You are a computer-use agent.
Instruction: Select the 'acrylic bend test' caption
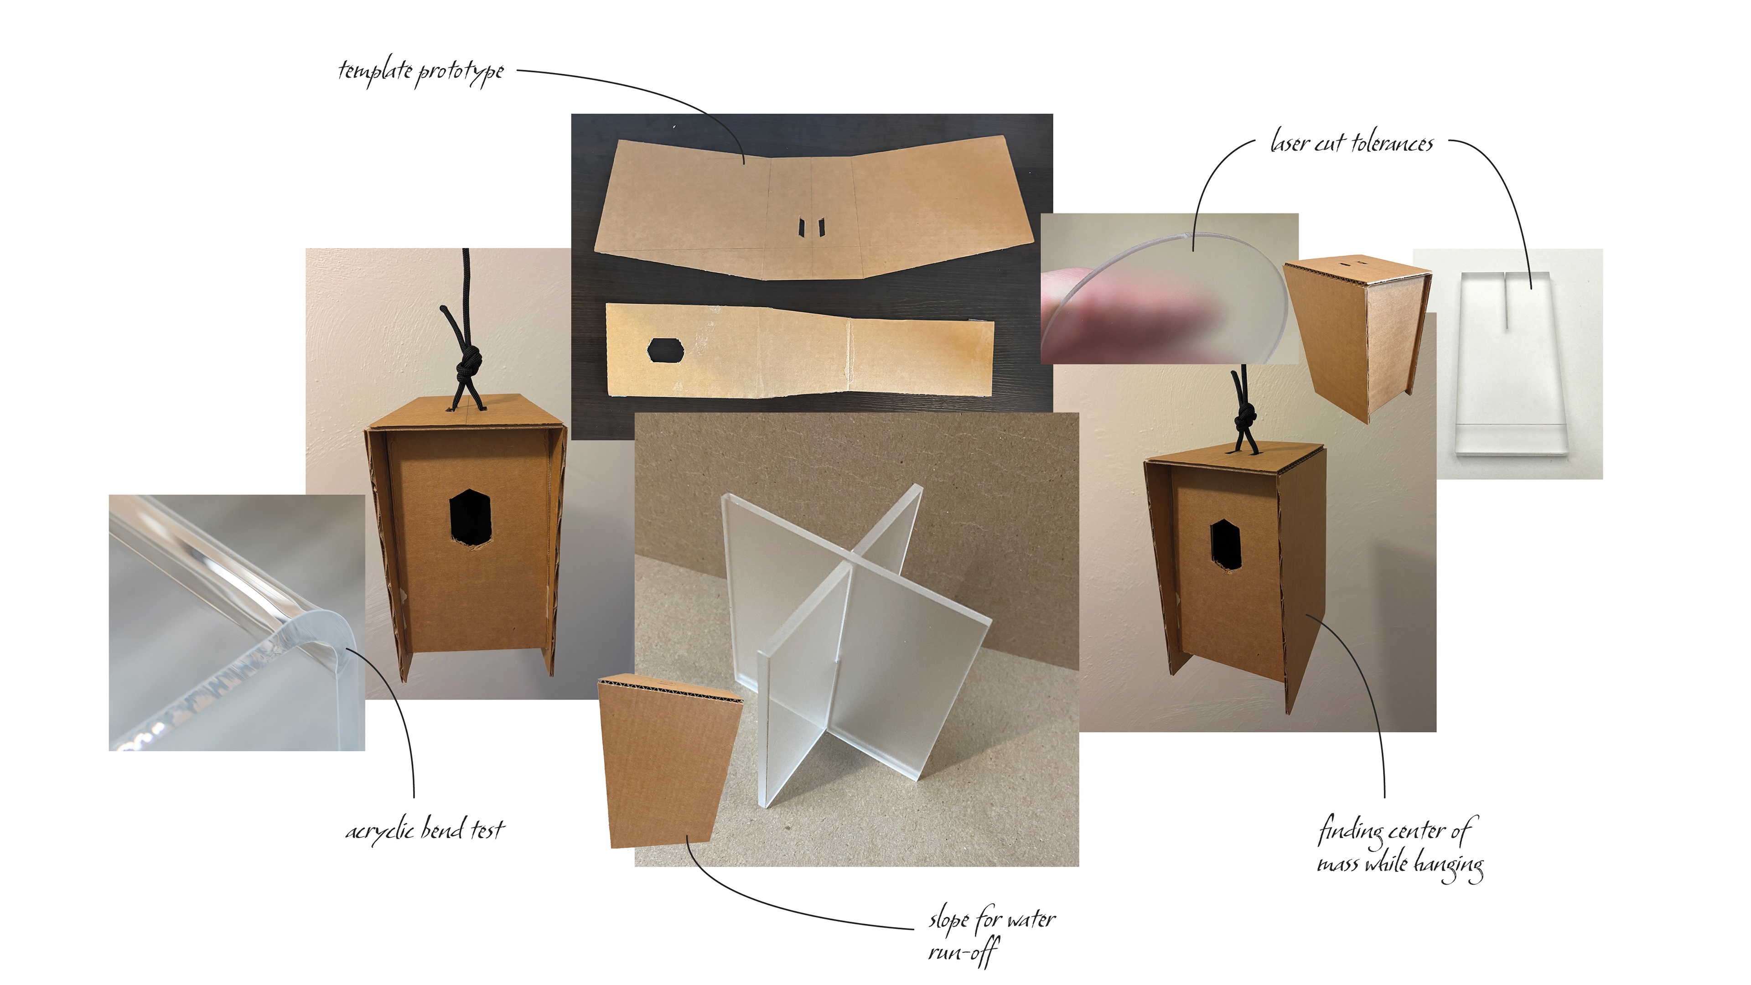425,829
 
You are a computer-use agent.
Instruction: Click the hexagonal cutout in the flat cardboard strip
665,350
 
